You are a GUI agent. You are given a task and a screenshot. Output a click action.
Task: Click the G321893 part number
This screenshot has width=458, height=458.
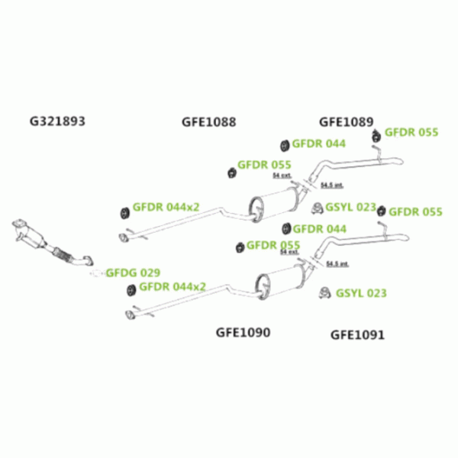[56, 121]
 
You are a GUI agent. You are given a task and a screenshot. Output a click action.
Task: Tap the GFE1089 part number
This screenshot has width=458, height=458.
[346, 121]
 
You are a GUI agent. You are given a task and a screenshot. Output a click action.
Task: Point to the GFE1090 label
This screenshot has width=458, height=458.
[243, 332]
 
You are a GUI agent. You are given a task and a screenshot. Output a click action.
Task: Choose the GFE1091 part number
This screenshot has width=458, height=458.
[357, 334]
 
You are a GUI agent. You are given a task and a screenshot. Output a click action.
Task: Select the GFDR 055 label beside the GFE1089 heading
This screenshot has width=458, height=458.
[411, 132]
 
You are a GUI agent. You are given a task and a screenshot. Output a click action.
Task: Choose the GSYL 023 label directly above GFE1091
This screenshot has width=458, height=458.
[361, 292]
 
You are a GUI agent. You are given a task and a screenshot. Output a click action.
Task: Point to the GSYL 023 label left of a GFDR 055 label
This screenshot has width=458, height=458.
[351, 207]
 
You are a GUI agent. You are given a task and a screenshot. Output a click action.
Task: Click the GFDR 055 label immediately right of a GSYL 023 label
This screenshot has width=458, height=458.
[415, 211]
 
